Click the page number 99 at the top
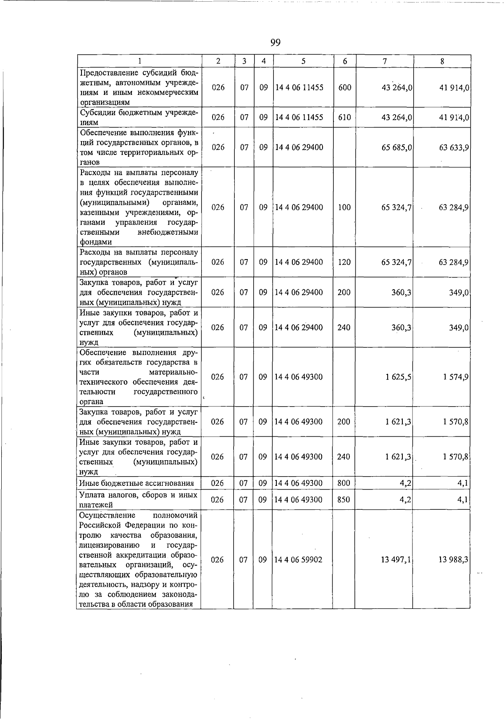click(276, 42)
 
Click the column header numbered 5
click(303, 61)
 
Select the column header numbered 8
click(442, 61)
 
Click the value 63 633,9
click(454, 147)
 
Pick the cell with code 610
click(344, 118)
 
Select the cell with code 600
click(344, 88)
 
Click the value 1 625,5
click(398, 377)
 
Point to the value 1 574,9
click(455, 377)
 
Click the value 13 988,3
click(454, 560)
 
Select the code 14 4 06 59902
click(299, 560)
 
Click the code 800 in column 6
click(344, 483)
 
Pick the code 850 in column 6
click(344, 500)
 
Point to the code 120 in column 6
click(344, 262)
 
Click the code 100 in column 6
click(344, 207)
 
